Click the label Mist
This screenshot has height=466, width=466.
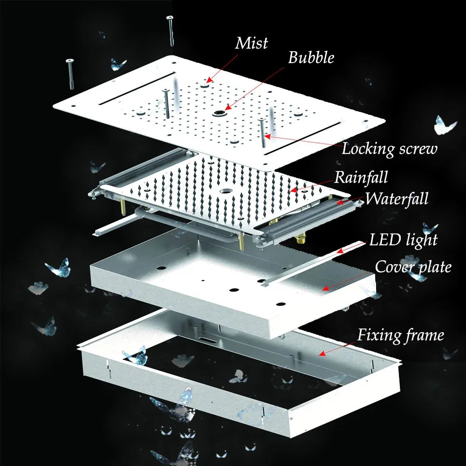(x=252, y=43)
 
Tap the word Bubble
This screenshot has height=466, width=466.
(x=311, y=58)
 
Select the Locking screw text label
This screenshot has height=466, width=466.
(x=390, y=149)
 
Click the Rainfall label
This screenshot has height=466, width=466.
(x=361, y=178)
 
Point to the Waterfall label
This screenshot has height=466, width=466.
(x=396, y=199)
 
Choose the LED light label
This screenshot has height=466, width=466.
(x=403, y=240)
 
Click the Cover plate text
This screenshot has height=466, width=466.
(x=413, y=267)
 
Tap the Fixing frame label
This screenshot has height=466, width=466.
(x=400, y=335)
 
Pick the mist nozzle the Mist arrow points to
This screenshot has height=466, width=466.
(x=206, y=84)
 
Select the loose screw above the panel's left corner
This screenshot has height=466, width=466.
(x=71, y=75)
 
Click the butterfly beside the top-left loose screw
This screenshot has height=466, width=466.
(x=118, y=64)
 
